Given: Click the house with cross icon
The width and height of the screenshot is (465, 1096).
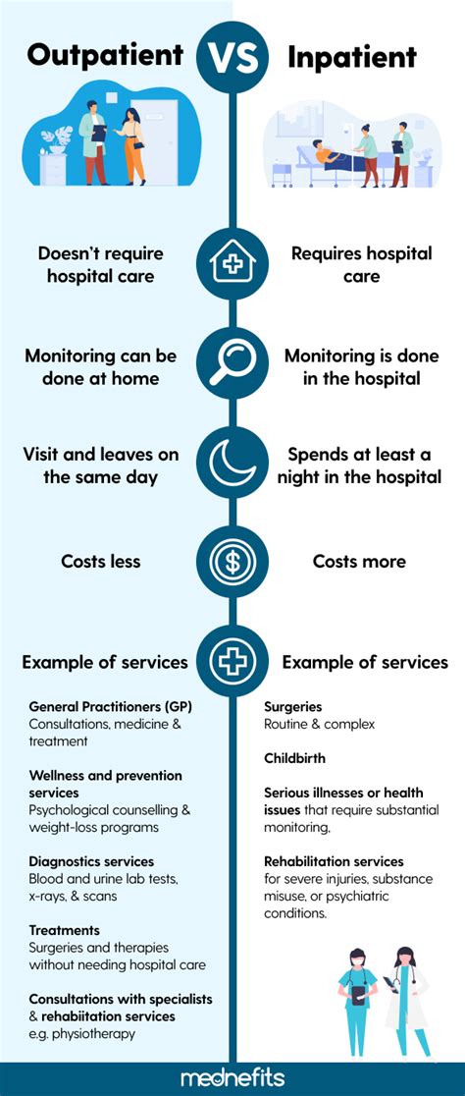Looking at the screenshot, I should (232, 264).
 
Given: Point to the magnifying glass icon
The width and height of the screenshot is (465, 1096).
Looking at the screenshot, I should (232, 364).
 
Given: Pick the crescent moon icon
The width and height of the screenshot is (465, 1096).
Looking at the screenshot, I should (232, 463).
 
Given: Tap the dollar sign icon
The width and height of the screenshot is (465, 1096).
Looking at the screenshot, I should (232, 562).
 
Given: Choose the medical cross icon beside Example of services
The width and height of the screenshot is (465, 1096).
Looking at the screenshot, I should (232, 661).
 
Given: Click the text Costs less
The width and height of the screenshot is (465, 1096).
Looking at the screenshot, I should (101, 562).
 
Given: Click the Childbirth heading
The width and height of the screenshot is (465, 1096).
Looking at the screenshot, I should (294, 758).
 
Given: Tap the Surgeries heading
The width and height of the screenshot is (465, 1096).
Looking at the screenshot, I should (292, 706).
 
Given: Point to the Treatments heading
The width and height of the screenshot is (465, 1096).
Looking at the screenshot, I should (65, 930).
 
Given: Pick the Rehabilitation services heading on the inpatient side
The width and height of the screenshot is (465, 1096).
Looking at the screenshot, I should (334, 861).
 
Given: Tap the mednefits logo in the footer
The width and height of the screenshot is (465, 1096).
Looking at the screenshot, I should (232, 1078).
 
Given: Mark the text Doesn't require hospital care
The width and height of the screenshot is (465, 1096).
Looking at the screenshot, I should (101, 264).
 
